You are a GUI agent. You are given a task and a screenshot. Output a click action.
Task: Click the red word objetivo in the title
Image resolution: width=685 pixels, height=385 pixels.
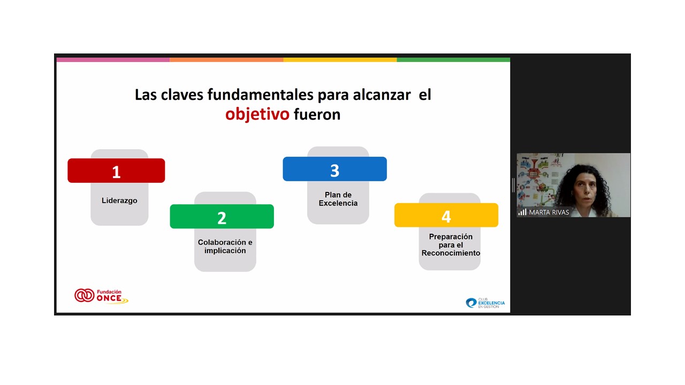point(257,115)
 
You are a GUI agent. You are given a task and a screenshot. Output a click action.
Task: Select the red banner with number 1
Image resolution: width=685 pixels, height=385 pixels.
point(116,171)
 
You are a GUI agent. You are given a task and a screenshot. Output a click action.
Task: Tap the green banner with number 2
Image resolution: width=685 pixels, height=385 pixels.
point(222,217)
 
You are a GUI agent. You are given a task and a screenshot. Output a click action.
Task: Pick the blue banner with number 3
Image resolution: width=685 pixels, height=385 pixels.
point(334,169)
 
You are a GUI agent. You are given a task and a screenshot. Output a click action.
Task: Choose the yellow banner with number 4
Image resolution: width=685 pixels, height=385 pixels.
point(446,215)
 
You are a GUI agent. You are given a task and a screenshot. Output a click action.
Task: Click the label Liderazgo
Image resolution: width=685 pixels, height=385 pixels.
point(119,201)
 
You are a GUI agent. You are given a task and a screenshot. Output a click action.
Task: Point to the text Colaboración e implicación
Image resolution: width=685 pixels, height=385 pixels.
point(225,247)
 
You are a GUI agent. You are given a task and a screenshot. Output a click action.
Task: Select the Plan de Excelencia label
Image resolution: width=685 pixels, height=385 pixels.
point(338,199)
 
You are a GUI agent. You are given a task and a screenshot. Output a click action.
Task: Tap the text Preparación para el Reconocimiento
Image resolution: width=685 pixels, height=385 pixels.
point(451,245)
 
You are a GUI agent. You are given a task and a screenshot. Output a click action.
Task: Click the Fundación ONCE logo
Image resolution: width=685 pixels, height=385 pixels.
point(101,296)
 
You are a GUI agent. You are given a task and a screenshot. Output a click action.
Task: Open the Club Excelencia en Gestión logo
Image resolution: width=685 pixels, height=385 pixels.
point(485,303)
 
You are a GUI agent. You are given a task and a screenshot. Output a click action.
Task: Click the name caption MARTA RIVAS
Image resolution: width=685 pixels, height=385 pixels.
point(549,212)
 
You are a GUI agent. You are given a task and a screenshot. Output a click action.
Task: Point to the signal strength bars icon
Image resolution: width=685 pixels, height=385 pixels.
point(522,212)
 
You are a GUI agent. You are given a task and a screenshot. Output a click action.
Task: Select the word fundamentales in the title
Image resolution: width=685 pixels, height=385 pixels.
point(260,95)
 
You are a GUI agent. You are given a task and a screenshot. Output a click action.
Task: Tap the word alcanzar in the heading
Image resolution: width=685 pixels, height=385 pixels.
point(382,95)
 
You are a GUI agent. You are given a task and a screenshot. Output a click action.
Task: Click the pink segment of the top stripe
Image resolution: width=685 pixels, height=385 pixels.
point(113,60)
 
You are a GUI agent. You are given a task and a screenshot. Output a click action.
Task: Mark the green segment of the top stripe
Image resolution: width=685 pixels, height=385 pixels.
point(453,60)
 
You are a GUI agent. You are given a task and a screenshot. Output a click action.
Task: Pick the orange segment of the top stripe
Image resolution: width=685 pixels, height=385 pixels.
point(226,60)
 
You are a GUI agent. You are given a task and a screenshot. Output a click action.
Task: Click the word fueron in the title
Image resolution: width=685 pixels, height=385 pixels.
point(317,115)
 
